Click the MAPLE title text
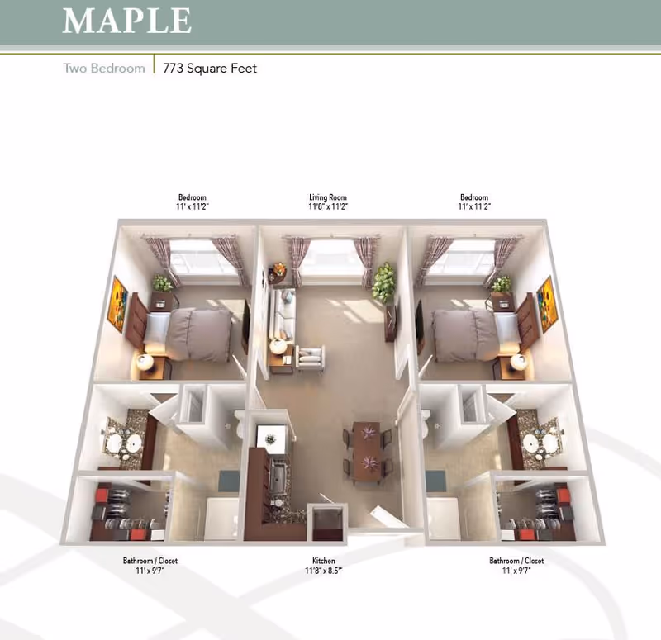click(x=126, y=21)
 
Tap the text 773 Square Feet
click(x=209, y=68)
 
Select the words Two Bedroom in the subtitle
click(x=104, y=68)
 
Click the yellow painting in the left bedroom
click(x=119, y=300)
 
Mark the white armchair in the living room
click(x=311, y=359)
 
